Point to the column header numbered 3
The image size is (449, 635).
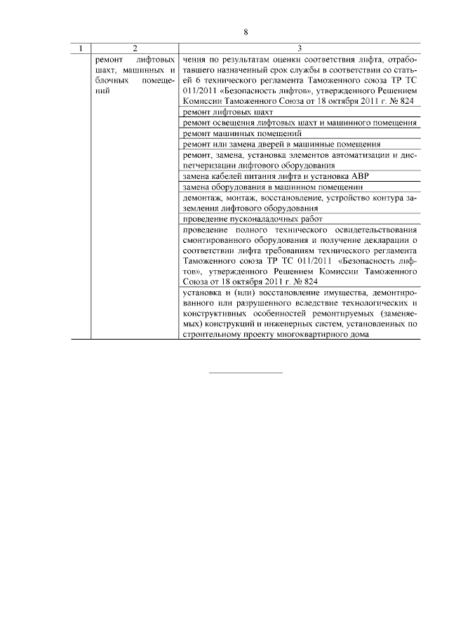pyautogui.click(x=300, y=48)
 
